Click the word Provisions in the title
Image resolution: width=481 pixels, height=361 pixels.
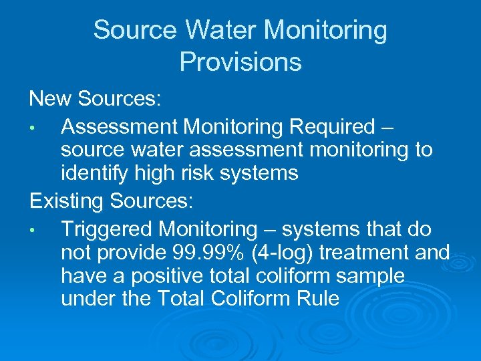tap(240, 62)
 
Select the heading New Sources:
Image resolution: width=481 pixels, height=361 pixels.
tap(95, 99)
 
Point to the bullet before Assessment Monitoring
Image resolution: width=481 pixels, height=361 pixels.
tap(41, 127)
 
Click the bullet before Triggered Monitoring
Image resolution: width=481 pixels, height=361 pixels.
tap(41, 230)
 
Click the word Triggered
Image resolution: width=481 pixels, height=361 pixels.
tap(107, 229)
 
